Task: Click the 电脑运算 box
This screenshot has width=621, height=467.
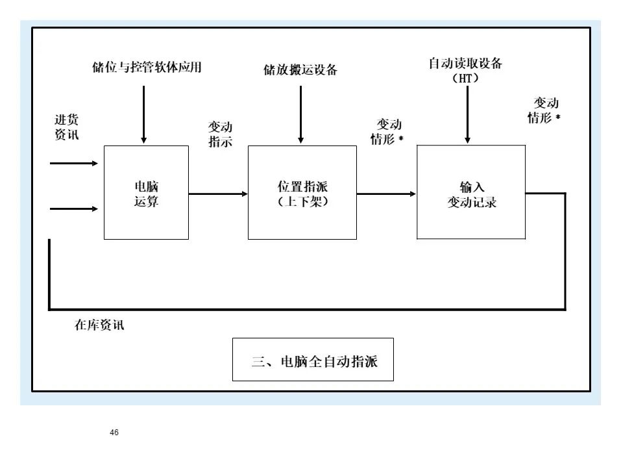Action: [146, 193]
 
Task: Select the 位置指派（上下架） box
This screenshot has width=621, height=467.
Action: [302, 193]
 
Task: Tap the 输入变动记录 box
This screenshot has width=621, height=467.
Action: [471, 193]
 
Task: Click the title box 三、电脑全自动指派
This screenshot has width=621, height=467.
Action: [313, 359]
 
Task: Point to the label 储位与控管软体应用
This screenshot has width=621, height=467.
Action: [147, 68]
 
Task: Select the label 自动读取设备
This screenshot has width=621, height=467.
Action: [465, 64]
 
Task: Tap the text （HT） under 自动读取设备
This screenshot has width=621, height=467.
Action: [465, 79]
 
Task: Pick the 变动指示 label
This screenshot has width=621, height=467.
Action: [220, 134]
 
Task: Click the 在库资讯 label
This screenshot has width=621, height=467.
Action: [99, 325]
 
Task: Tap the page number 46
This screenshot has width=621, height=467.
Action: [114, 433]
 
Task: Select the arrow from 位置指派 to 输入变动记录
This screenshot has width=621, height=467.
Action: [386, 194]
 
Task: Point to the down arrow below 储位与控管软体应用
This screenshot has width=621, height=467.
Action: [143, 114]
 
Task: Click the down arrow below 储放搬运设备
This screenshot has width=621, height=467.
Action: [300, 114]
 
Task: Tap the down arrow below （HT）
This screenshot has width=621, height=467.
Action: [467, 114]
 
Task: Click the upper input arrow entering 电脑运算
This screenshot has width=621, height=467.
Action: [73, 164]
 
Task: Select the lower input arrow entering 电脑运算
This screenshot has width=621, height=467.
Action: [73, 209]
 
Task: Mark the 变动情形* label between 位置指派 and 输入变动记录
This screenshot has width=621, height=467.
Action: [387, 132]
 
